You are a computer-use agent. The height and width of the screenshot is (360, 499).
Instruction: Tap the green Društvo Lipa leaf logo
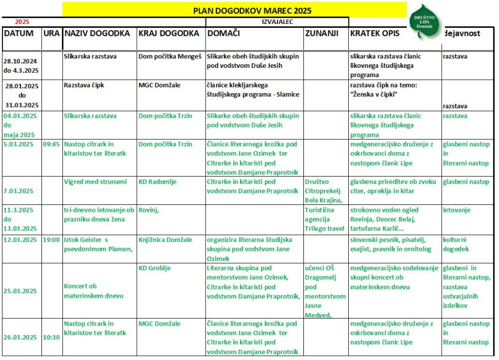pos(424,22)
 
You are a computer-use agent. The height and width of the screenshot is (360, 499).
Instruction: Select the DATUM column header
pos(19,33)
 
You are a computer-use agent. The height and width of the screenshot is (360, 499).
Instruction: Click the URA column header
pos(51,33)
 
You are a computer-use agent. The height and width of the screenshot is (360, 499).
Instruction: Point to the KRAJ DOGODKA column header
pos(168,33)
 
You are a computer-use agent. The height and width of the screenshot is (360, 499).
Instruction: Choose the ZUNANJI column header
pos(321,33)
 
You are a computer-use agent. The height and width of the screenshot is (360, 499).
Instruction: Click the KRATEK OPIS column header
pos(375,33)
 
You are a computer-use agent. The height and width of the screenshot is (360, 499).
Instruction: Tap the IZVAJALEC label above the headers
pos(277,22)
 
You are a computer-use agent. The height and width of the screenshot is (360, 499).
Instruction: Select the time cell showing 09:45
pos(51,144)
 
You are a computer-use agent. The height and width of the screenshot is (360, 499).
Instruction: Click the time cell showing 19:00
pos(51,240)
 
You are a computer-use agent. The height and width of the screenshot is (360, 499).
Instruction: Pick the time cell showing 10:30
pos(51,337)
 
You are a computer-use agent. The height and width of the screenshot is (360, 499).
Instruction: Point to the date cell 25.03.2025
pos(22,291)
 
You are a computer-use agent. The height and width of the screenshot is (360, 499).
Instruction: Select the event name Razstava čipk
pos(84,85)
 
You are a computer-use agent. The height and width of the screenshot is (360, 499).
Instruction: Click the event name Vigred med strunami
pos(95,182)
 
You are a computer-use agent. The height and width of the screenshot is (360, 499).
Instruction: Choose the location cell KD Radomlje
pos(157,182)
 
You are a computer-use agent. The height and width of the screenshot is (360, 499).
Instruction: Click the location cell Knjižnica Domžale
pos(165,240)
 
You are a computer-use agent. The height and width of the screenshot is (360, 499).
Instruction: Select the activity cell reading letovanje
pos(457,210)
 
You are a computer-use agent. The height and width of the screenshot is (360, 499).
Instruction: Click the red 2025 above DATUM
pos(22,22)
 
